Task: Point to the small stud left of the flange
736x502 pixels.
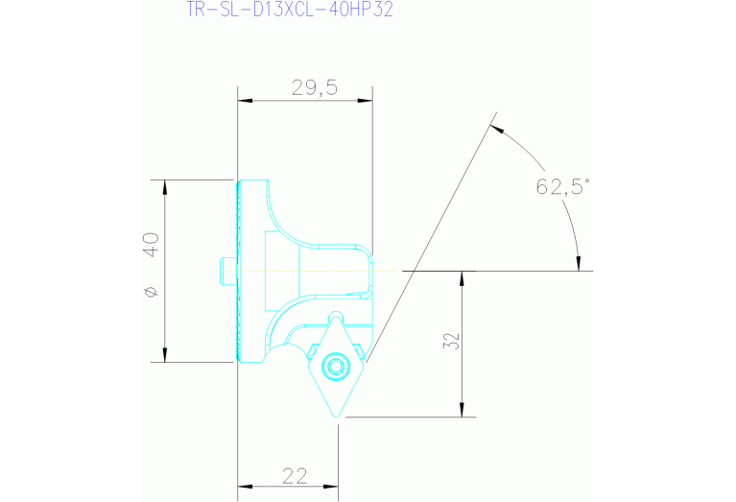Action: [223, 271]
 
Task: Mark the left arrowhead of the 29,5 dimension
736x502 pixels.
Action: [243, 100]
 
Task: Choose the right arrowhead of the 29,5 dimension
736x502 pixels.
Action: [366, 100]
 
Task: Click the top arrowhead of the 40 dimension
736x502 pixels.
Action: [165, 185]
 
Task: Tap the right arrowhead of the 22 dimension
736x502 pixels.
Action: [332, 486]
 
